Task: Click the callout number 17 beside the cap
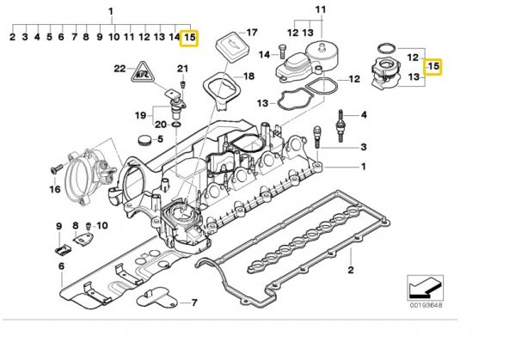252,34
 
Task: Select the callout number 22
119,67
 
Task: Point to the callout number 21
182,69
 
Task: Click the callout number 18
249,76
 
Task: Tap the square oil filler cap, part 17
227,43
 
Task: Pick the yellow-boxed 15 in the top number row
190,38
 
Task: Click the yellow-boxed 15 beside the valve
433,65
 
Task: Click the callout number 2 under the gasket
350,272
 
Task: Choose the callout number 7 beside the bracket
194,302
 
